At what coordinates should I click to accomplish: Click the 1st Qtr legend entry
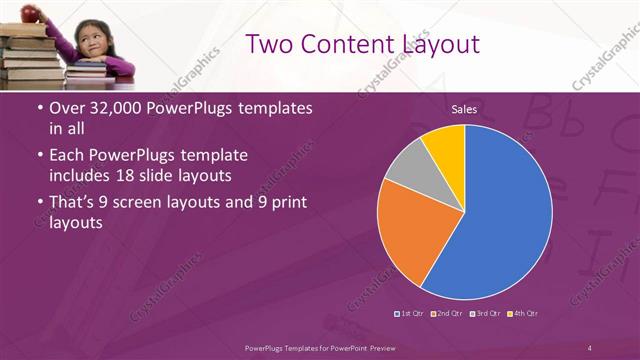point(410,314)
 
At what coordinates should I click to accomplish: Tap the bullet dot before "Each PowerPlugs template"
point(39,157)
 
